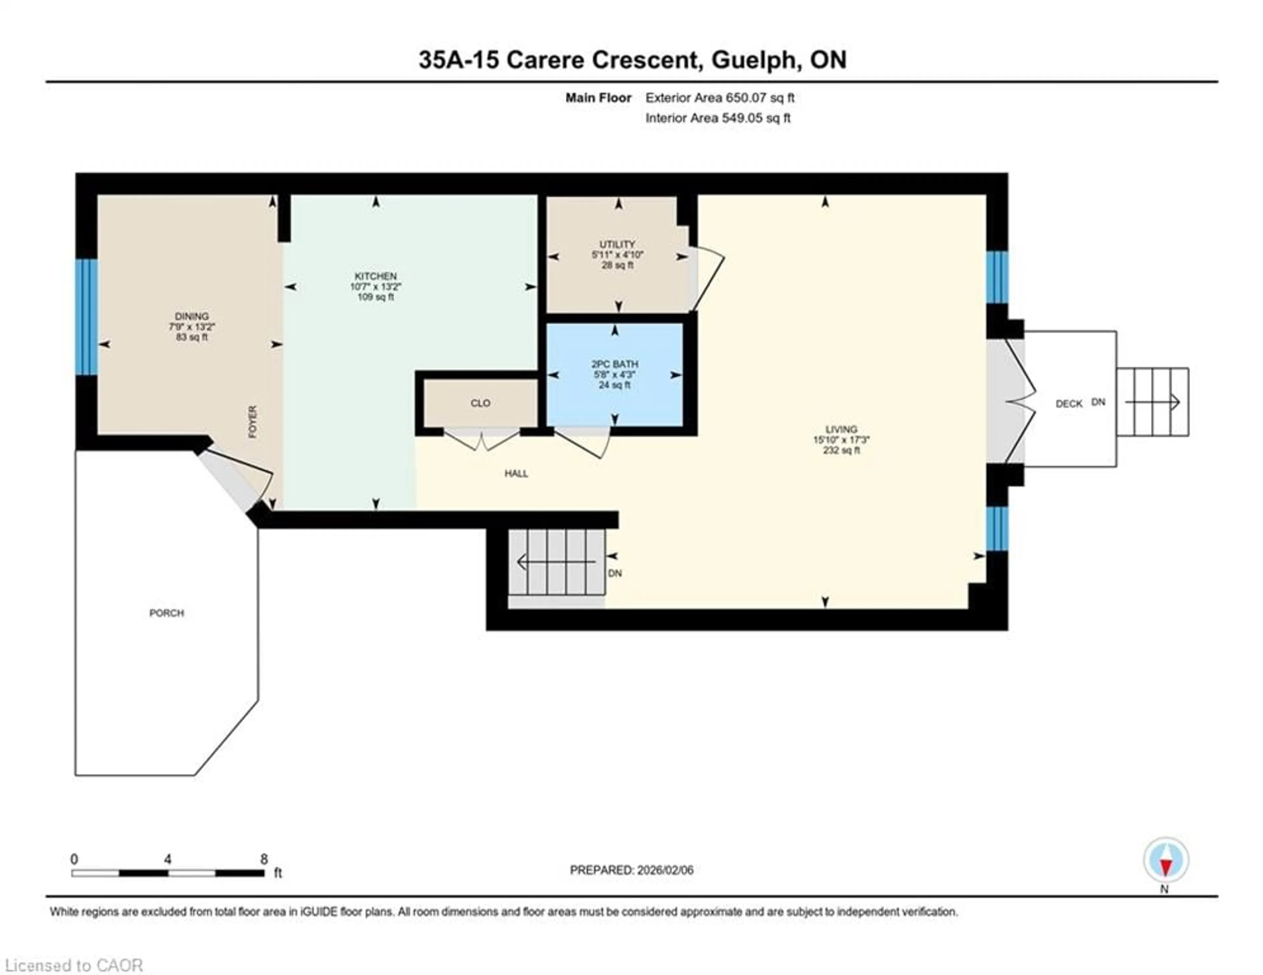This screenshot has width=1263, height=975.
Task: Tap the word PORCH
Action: (166, 613)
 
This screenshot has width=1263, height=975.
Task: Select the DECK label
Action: (1069, 404)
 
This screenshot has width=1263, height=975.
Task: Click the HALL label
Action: (516, 474)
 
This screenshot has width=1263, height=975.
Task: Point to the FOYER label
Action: (253, 422)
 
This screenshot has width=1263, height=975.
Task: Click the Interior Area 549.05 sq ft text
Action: (718, 118)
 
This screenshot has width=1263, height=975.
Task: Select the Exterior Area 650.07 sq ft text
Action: (719, 98)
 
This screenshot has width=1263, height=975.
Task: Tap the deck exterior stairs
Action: (1152, 402)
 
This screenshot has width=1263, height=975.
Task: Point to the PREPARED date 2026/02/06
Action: (631, 870)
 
